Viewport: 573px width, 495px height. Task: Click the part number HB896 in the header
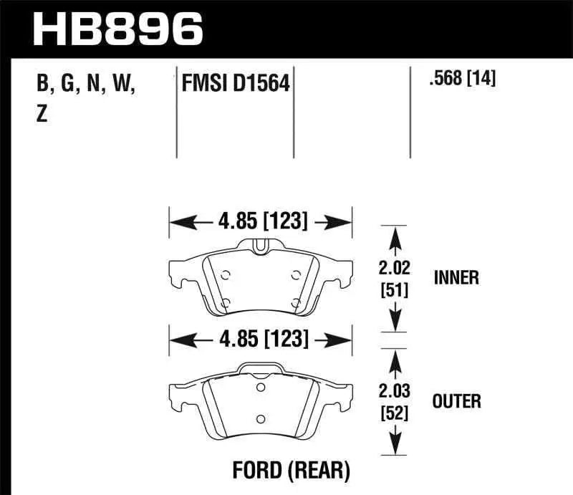(118, 29)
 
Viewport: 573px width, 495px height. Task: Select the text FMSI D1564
(236, 85)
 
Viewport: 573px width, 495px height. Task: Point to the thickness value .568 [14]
(461, 78)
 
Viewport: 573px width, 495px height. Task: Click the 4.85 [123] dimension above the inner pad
(260, 223)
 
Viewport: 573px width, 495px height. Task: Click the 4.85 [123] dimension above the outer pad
(260, 339)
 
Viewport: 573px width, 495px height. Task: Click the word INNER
(456, 277)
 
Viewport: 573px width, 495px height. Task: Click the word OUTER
(457, 400)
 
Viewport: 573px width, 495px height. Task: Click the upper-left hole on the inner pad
(226, 274)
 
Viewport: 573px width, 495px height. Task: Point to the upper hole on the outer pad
(260, 390)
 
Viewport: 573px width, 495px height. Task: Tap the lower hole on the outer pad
(261, 419)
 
